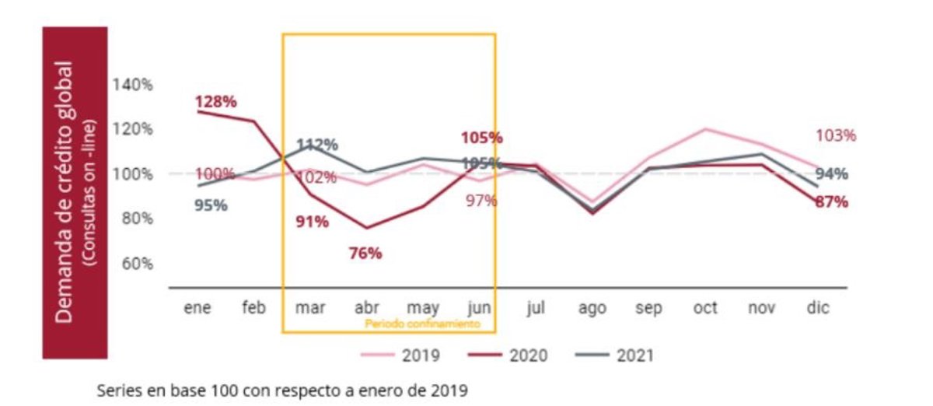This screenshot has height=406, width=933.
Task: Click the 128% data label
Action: coord(216,102)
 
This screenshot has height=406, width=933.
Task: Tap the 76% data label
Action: coord(364,253)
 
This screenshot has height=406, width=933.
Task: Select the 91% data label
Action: coord(311,222)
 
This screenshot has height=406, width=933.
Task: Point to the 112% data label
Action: coord(318,145)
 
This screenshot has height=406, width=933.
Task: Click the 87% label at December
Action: coord(832,202)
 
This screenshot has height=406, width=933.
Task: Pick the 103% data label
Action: coord(835,135)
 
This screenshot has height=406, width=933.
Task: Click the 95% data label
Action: coord(211,205)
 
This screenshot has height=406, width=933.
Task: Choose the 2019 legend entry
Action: coord(402,356)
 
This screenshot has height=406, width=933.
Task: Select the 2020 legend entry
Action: coord(508,356)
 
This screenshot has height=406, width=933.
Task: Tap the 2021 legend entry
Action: coord(615,356)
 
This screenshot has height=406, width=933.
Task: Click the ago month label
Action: coord(592,308)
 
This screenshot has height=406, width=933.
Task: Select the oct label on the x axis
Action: coord(704,308)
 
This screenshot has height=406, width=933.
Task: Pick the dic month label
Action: coord(817,308)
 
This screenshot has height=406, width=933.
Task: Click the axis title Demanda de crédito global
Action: coord(66,191)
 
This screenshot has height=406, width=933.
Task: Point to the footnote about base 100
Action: coord(283,390)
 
